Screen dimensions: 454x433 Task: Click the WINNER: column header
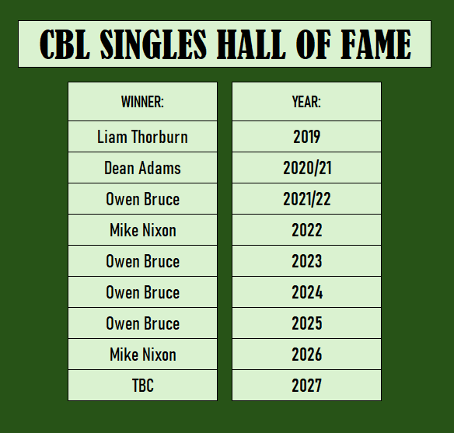(142, 102)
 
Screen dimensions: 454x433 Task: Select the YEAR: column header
(306, 102)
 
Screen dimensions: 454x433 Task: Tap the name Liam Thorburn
(142, 137)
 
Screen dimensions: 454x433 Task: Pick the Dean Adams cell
(142, 168)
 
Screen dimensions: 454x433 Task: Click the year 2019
(306, 137)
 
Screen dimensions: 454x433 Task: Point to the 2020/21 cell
(307, 168)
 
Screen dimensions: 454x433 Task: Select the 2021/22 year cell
(307, 199)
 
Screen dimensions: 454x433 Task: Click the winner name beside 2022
(143, 230)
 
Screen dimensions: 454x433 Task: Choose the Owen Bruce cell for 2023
(143, 261)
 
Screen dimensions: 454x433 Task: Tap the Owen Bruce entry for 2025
(143, 323)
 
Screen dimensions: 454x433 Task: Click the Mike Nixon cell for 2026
(143, 354)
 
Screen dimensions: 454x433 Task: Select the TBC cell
(143, 386)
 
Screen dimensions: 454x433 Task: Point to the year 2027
(306, 386)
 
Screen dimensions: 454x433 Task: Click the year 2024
(307, 292)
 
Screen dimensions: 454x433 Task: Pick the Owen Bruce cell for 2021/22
(143, 199)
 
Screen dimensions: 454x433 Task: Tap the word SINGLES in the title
(153, 44)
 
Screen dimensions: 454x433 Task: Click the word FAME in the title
(375, 44)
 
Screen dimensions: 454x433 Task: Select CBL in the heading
(65, 44)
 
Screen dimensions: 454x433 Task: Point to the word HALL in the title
(251, 44)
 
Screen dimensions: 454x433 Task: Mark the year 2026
(306, 354)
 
